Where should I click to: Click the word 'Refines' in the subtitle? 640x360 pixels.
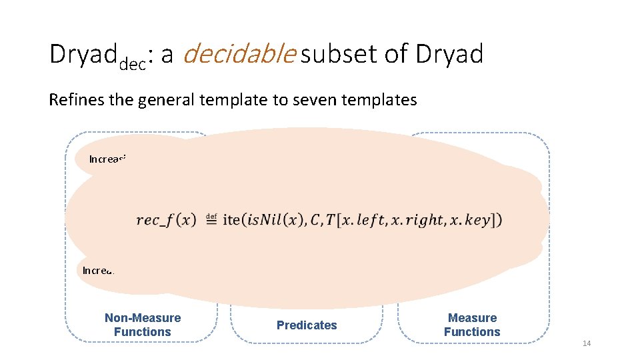click(71, 100)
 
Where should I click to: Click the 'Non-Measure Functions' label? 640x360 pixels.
click(143, 325)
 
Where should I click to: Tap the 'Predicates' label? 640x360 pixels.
click(307, 325)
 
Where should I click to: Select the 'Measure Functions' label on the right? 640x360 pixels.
click(472, 325)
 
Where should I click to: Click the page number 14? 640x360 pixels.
click(587, 343)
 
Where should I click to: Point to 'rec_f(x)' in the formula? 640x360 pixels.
click(165, 219)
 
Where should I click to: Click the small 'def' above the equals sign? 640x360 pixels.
click(211, 215)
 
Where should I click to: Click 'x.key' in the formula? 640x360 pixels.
click(475, 219)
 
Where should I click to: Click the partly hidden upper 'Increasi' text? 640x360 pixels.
click(107, 159)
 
